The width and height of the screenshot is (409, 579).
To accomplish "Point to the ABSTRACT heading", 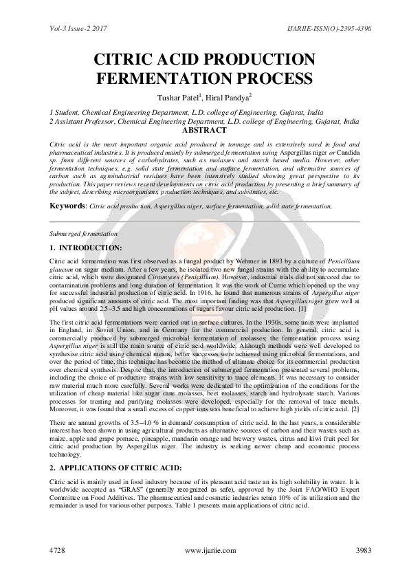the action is pyautogui.click(x=204, y=130).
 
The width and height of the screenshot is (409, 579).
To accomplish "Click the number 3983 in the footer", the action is pyautogui.click(x=346, y=551).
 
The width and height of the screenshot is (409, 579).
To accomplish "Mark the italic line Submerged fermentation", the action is pyautogui.click(x=84, y=234).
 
